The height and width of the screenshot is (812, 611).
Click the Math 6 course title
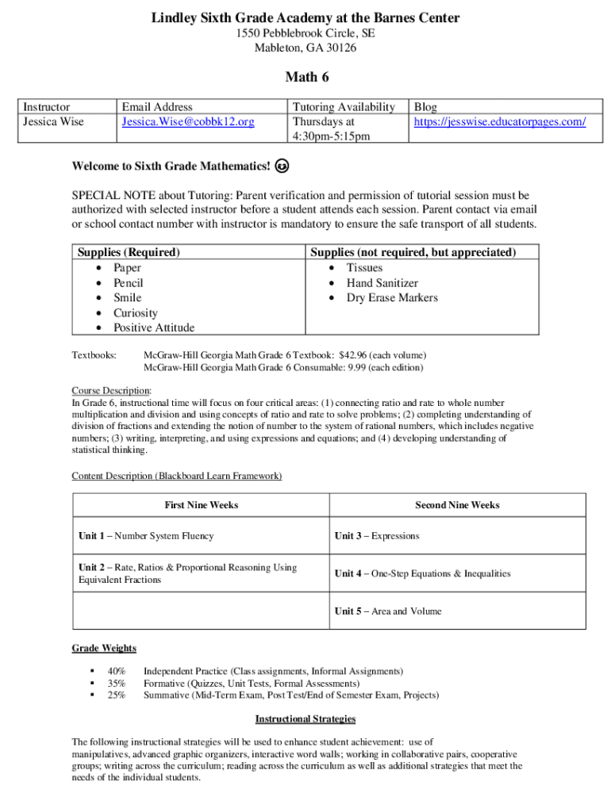click(305, 77)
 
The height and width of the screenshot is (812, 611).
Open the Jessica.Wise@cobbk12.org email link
click(188, 121)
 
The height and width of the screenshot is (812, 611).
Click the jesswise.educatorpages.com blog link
click(500, 121)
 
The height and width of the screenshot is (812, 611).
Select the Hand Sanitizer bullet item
click(382, 283)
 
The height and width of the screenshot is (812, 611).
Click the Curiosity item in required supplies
click(135, 313)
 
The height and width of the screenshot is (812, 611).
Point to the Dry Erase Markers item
click(392, 298)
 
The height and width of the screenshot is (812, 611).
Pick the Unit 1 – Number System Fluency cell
click(146, 536)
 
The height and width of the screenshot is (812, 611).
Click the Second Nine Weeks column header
click(457, 505)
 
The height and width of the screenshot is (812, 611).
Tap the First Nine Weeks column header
click(201, 505)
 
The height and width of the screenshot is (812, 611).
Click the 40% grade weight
click(117, 671)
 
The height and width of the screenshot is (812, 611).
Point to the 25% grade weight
click(117, 695)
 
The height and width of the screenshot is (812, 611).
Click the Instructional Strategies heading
click(305, 719)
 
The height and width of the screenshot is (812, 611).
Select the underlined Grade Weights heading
click(104, 648)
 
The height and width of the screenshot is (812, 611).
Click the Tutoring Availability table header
click(343, 107)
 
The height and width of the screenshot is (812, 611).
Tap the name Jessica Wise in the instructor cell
click(53, 121)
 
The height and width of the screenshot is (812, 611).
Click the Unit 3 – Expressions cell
click(377, 536)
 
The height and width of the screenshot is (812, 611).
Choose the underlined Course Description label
click(110, 391)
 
